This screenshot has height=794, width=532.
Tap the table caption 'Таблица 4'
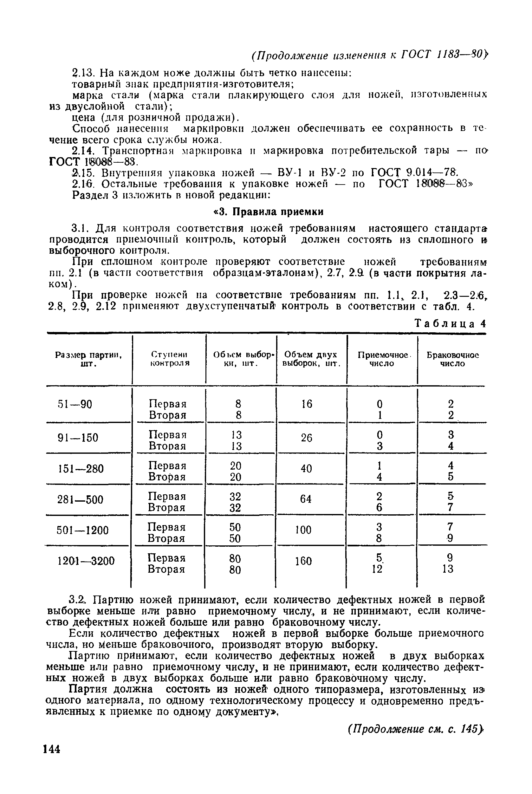coord(451,324)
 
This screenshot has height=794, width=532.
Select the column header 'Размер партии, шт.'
coord(89,359)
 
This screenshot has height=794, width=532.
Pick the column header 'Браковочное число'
coord(453,359)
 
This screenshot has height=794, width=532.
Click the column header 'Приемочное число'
coord(382,359)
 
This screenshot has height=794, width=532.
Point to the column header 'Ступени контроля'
coord(169,359)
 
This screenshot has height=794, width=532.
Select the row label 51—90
coord(75,405)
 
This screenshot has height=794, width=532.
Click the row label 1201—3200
coord(87,561)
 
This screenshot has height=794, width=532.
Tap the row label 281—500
coord(81,500)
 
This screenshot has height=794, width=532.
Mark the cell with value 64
coord(306,499)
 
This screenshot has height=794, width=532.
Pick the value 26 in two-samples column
coord(306,438)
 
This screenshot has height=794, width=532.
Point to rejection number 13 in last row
coord(448,569)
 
